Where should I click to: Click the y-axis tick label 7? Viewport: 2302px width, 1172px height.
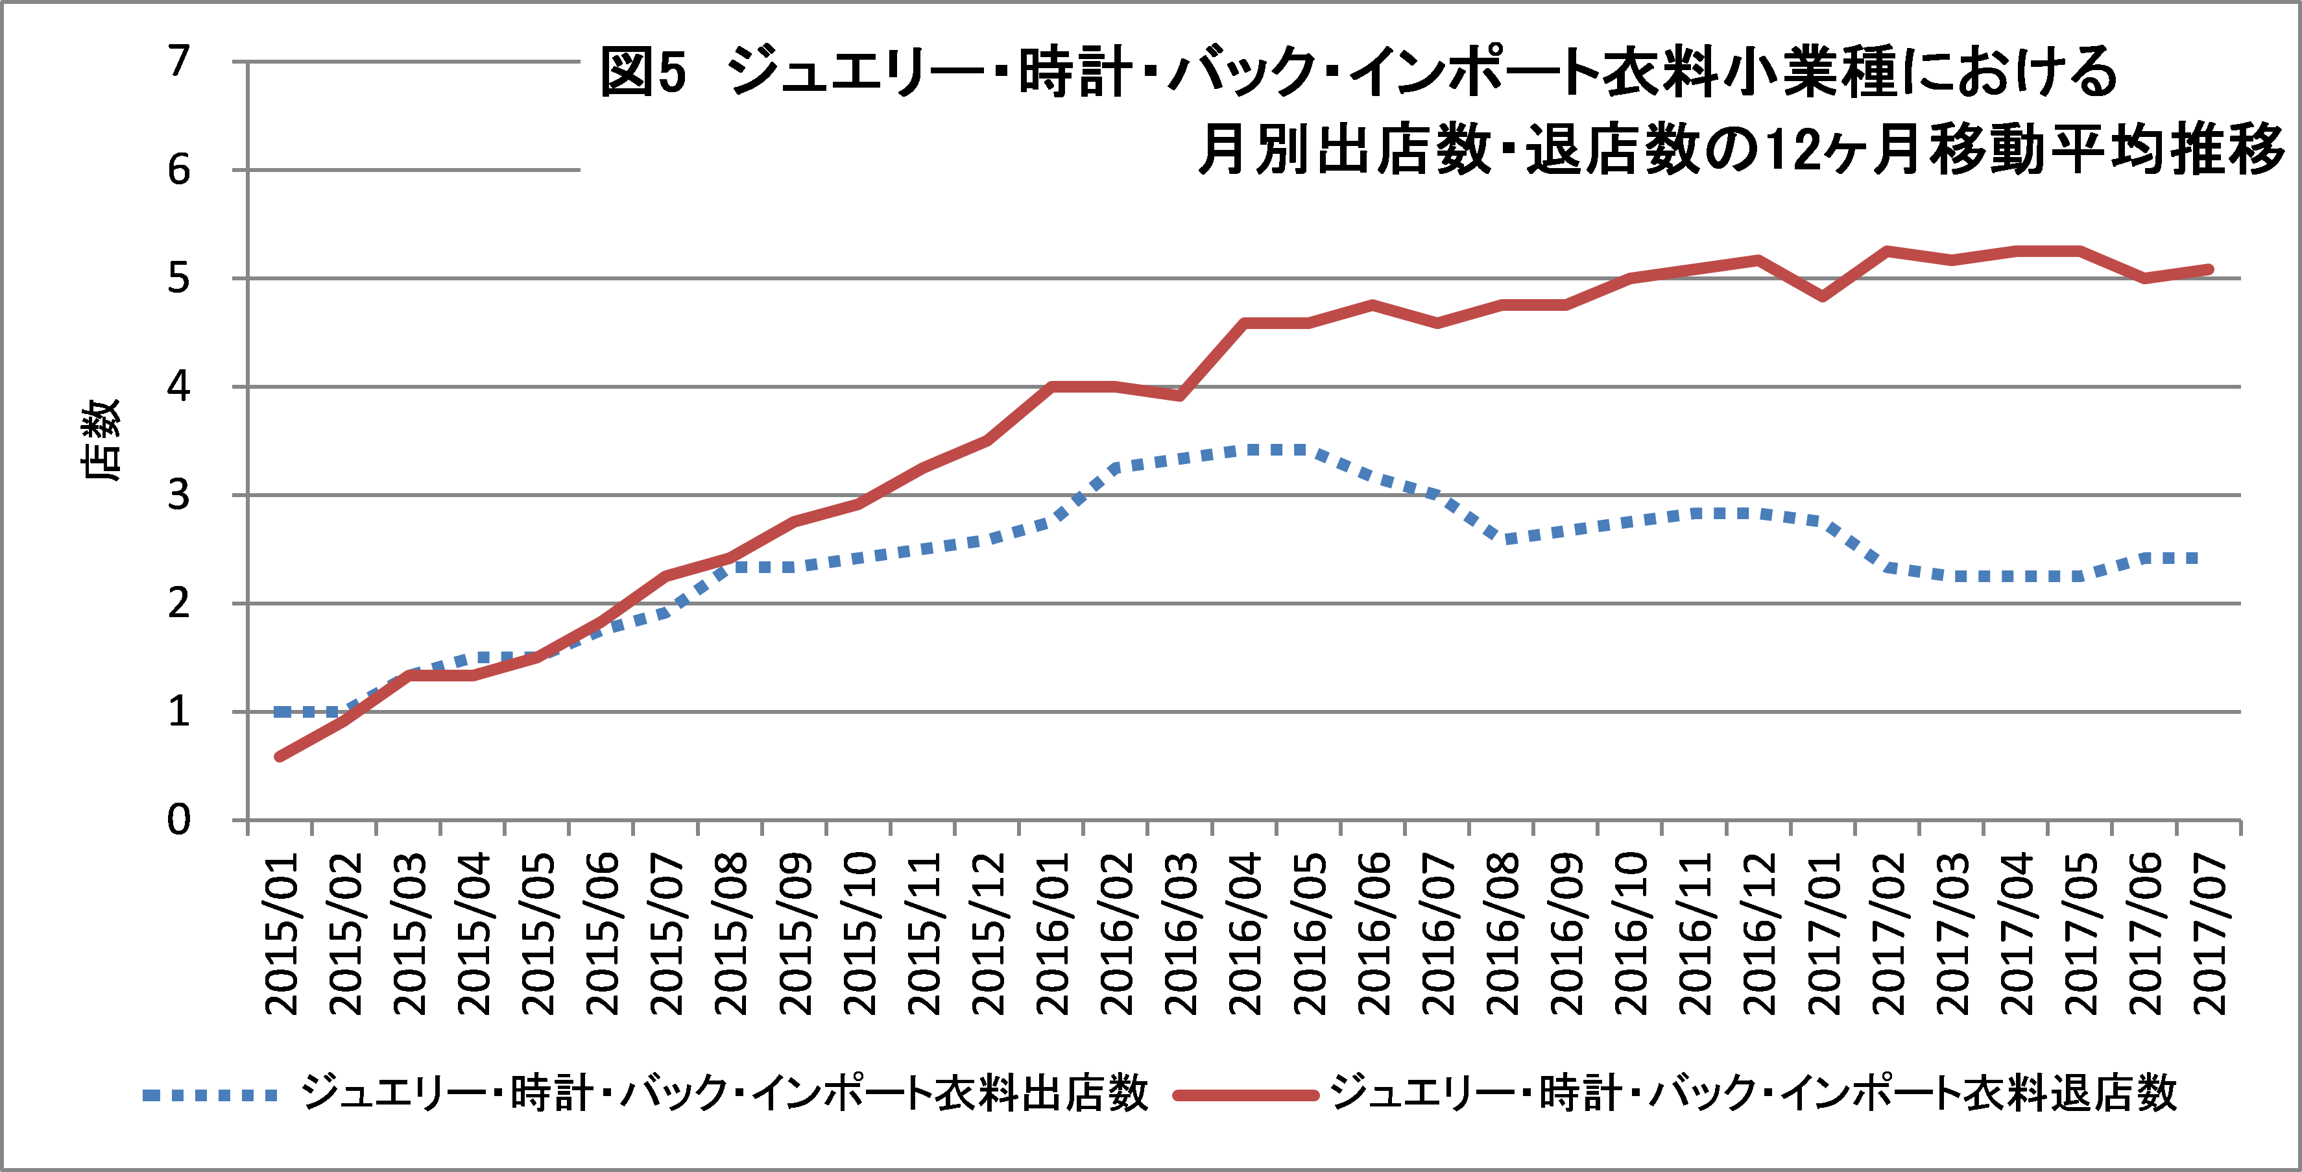click(x=180, y=62)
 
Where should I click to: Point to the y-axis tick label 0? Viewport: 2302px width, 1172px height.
click(x=180, y=820)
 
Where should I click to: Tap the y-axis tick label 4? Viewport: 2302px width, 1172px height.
click(x=180, y=386)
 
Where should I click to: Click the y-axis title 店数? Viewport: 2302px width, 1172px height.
click(x=100, y=440)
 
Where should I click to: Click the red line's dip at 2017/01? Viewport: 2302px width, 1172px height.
click(x=1823, y=297)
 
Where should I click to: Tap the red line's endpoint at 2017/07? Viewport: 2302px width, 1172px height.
click(x=2209, y=269)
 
